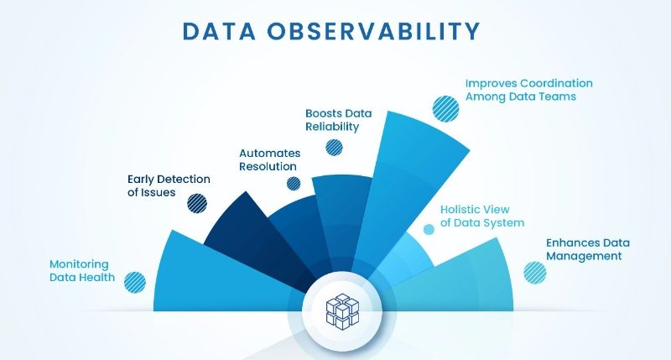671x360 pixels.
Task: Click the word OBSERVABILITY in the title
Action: (373, 31)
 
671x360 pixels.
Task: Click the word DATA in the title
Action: (219, 31)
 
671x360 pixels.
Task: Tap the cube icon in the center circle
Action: (342, 311)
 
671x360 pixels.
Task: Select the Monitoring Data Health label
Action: (82, 270)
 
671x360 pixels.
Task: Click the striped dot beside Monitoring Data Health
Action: (135, 283)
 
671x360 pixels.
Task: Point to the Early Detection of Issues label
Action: (169, 185)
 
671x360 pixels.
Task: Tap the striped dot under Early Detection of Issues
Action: (197, 203)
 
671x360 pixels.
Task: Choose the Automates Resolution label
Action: (269, 159)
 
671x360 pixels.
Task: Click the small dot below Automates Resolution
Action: (294, 184)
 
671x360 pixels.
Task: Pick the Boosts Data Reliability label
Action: (339, 120)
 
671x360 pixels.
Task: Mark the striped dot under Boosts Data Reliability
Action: (334, 148)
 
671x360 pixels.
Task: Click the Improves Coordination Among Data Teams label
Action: (529, 90)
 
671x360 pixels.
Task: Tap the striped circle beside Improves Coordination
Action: (445, 109)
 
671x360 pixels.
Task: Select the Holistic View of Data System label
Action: (482, 217)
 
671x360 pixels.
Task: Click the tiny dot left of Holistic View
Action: (429, 229)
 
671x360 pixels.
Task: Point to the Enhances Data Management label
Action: (588, 249)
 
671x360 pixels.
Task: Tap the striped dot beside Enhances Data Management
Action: (535, 273)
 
